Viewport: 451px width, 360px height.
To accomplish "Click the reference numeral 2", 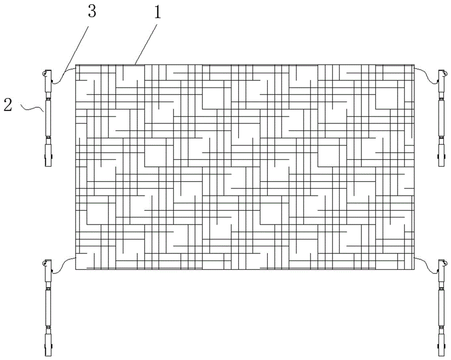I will [8, 105].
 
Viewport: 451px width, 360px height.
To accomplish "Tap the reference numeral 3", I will [91, 12].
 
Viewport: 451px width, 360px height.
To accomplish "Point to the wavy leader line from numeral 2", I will [30, 108].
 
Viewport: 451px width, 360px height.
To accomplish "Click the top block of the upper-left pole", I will [47, 81].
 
